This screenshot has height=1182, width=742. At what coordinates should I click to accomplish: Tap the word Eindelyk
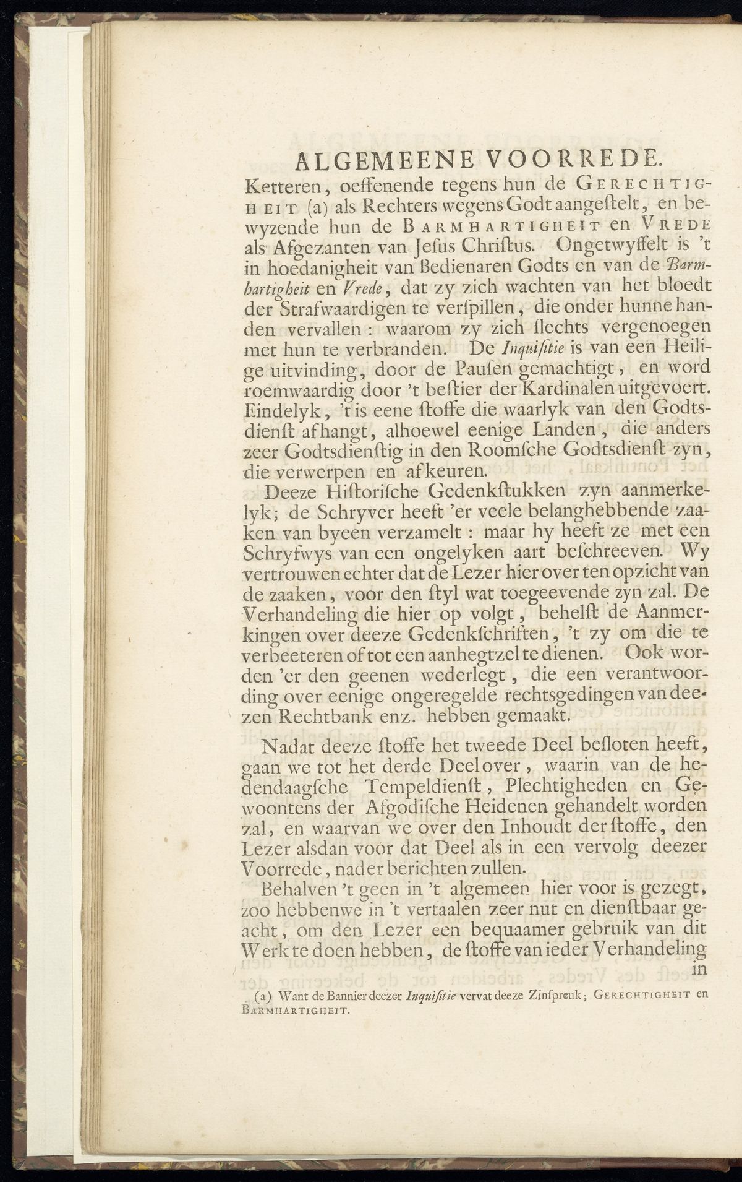[285, 409]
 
